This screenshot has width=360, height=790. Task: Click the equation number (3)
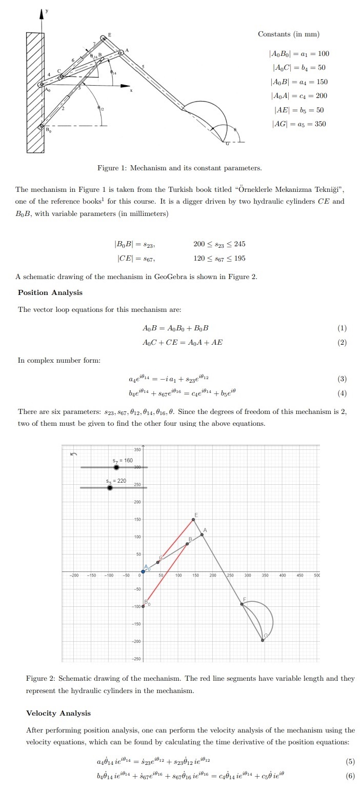click(x=343, y=379)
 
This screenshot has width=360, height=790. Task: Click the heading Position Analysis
click(x=50, y=292)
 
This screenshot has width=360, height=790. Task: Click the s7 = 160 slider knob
click(x=116, y=467)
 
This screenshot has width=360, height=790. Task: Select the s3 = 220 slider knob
click(x=110, y=487)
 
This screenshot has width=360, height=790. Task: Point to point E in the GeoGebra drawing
click(x=194, y=520)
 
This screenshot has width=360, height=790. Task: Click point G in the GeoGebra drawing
click(x=263, y=640)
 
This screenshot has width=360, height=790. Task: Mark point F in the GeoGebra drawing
click(x=242, y=604)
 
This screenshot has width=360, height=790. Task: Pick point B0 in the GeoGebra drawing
click(x=143, y=606)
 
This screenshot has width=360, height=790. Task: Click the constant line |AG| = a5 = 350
click(x=298, y=124)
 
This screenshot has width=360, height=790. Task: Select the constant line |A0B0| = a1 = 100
click(x=299, y=54)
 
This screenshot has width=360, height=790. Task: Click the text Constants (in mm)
click(x=288, y=34)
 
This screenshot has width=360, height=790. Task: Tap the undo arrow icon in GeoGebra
click(x=73, y=454)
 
